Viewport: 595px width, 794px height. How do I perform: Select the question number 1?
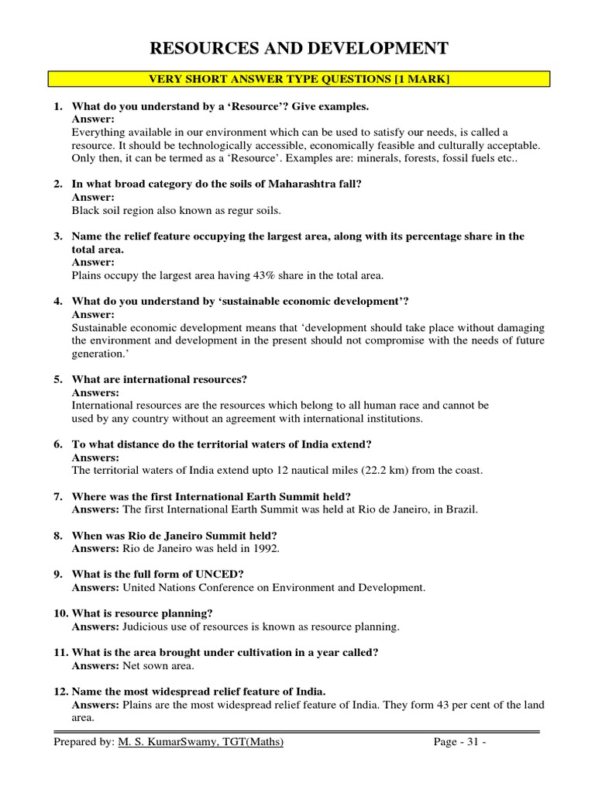pos(58,105)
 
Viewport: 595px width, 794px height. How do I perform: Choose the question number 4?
pos(58,301)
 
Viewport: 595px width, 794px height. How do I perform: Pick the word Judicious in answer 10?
pos(145,627)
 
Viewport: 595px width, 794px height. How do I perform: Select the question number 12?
pos(60,692)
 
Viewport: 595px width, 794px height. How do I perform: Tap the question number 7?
pos(58,496)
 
